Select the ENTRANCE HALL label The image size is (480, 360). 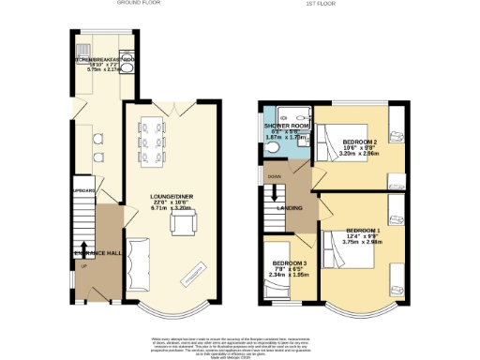95,253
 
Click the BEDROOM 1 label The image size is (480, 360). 362,231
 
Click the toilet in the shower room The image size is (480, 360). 272,144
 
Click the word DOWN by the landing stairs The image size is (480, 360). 274,175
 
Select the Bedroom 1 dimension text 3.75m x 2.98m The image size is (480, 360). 362,243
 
